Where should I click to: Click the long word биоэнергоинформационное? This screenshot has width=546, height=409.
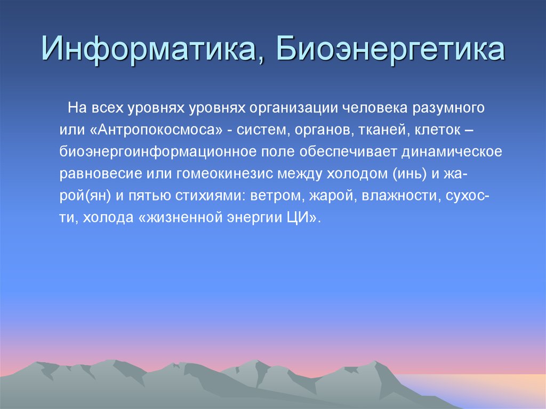(x=157, y=152)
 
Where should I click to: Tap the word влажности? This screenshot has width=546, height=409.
(x=400, y=197)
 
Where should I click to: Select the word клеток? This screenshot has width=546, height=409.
(x=438, y=131)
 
